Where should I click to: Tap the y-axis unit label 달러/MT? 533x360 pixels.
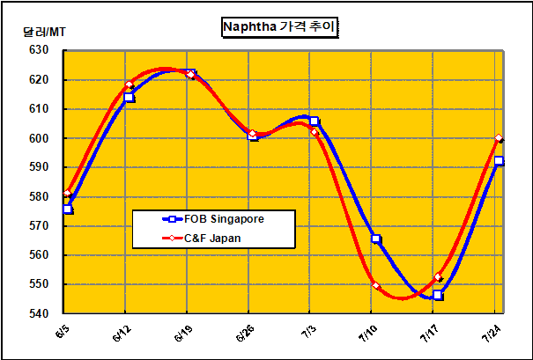(44, 33)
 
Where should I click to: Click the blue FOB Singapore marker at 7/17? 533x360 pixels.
(438, 296)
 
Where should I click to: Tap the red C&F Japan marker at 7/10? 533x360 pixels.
(376, 286)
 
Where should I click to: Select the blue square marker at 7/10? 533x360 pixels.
(376, 239)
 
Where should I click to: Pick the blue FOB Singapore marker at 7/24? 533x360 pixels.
(499, 161)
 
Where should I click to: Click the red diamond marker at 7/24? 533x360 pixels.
(499, 138)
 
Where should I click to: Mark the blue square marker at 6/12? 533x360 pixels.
(130, 98)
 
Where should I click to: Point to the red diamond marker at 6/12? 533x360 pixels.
(130, 85)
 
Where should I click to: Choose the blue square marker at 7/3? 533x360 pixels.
(315, 121)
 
